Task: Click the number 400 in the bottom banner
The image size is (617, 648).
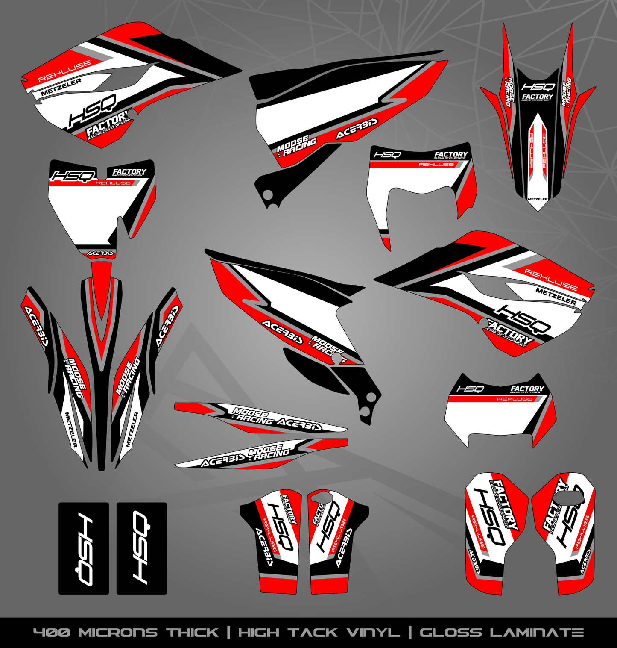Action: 51,633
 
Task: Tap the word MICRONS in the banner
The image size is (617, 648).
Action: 118,633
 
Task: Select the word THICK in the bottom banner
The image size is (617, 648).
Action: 192,633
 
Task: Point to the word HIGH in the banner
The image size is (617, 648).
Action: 258,633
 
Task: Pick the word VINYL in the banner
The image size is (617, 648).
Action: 373,633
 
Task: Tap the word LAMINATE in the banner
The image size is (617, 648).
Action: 536,633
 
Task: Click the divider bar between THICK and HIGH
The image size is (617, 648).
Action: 228,633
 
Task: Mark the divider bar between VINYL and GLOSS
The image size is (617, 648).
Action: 409,633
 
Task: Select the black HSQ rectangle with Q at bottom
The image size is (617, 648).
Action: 84,548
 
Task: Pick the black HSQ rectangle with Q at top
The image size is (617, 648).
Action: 142,548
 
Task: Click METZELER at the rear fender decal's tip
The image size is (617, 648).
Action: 538,199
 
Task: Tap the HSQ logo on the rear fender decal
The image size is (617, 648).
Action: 538,87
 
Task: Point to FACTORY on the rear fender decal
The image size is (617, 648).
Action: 538,97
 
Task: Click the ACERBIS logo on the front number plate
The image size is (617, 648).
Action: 101,253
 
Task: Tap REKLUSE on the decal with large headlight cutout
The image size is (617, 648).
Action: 436,165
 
